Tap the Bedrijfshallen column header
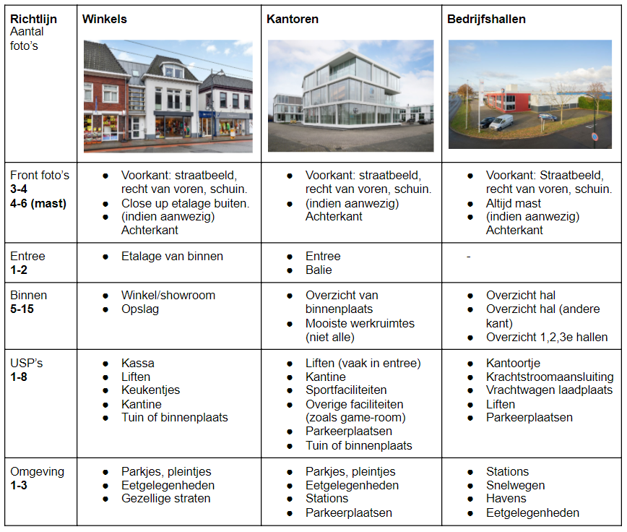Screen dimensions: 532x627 tap(486, 18)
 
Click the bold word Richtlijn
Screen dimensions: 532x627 tap(33, 18)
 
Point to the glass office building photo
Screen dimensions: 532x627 tap(350, 95)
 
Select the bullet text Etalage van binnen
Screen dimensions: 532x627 tap(172, 256)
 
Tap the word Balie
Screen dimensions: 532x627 tap(319, 270)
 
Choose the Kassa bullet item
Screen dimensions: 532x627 tap(138, 363)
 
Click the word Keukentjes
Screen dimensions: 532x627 tap(150, 390)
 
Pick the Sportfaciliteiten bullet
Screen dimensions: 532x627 tap(346, 390)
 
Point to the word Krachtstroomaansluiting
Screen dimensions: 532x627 tap(550, 377)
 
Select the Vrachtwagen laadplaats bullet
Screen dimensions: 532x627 tap(545, 390)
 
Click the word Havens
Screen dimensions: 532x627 tap(506, 499)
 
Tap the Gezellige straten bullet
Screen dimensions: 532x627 tap(166, 499)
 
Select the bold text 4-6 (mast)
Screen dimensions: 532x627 tap(38, 203)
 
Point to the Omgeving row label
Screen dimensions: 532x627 tap(37, 471)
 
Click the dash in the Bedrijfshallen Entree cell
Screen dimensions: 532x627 tap(468, 256)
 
